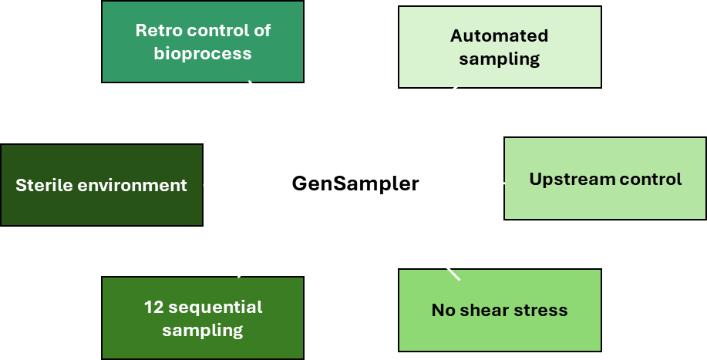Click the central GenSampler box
point(355,183)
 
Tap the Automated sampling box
point(500,47)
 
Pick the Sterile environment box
point(101,185)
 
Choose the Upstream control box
point(605,179)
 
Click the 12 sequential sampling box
point(203,318)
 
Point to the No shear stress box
point(500,311)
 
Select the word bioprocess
point(203,54)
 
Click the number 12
point(153,307)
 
